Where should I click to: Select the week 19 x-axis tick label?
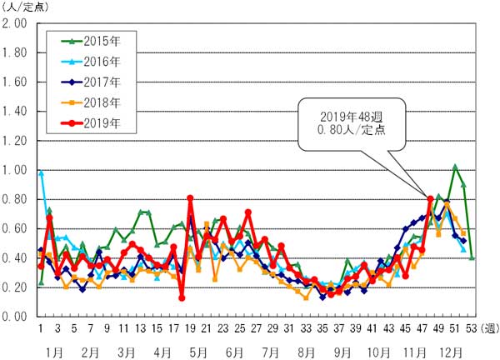tap(190, 327)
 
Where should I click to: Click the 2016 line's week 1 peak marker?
tap(41, 172)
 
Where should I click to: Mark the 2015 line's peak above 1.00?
tap(455, 167)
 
